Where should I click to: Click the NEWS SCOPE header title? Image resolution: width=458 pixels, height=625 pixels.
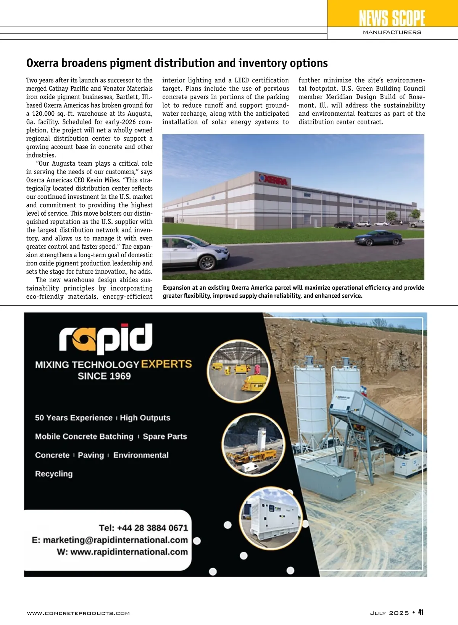[392, 18]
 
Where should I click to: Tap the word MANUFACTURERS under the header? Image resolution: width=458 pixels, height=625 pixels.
[392, 32]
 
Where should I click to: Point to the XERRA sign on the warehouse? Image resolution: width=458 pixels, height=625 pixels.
[274, 180]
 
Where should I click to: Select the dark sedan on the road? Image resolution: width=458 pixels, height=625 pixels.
[378, 238]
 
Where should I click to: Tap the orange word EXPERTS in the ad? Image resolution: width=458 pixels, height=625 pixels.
[166, 364]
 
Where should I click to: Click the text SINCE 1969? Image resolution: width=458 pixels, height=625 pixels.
[104, 376]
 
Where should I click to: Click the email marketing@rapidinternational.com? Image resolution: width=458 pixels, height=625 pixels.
[115, 540]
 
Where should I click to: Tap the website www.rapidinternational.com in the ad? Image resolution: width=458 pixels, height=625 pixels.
[129, 552]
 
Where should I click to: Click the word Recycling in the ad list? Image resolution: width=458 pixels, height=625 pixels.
[54, 474]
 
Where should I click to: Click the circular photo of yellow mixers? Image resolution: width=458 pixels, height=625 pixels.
[239, 371]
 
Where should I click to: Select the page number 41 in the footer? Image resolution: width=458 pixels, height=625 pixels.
[421, 612]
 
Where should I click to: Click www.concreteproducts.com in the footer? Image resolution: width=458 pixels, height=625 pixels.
[78, 613]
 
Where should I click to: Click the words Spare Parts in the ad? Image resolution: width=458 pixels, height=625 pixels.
[165, 437]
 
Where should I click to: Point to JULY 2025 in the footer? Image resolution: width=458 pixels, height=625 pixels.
[389, 613]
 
